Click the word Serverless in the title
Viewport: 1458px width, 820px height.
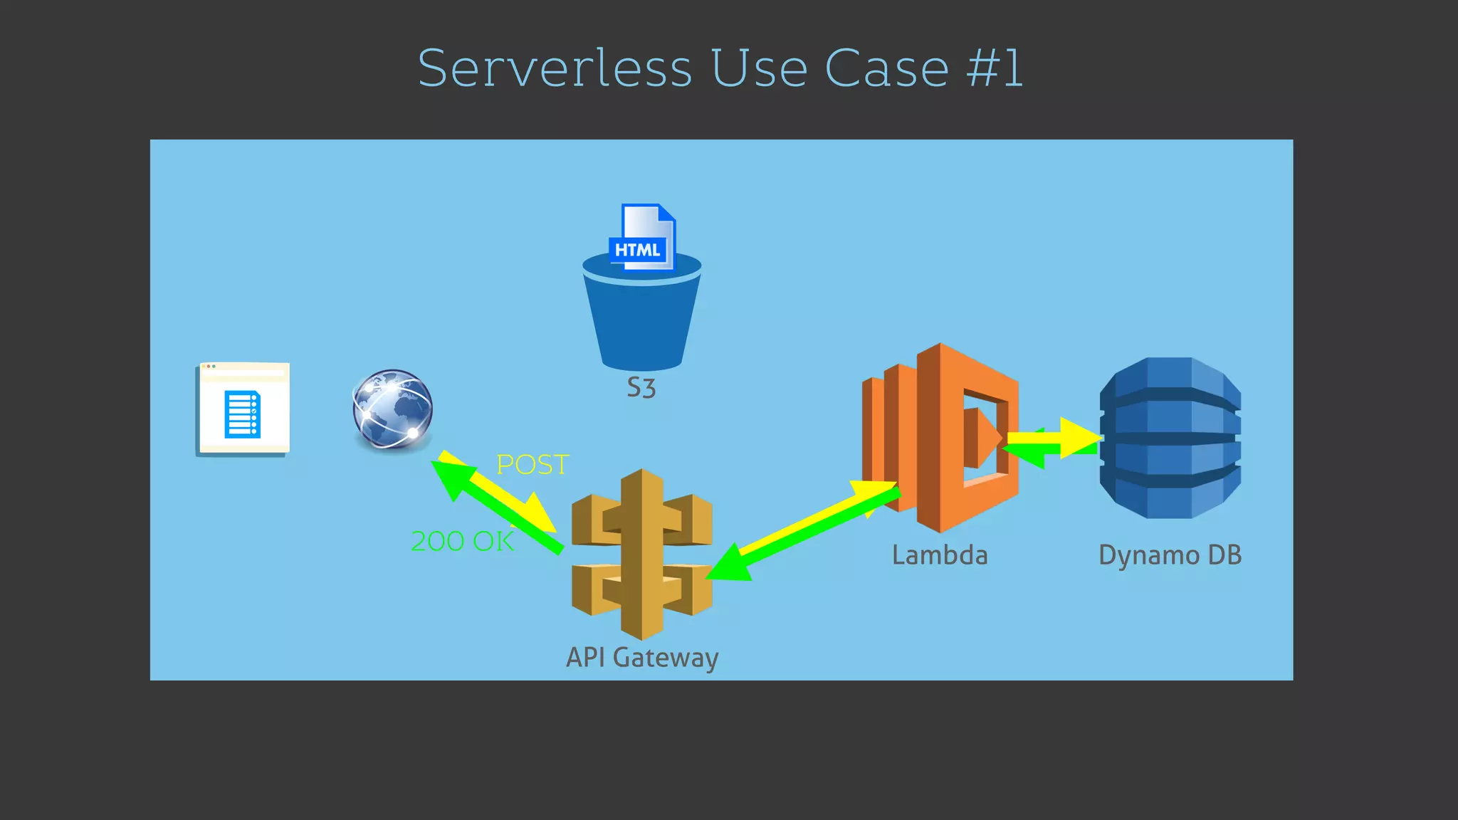(554, 69)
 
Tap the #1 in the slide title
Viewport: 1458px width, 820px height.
(995, 69)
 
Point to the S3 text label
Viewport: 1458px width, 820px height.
(641, 388)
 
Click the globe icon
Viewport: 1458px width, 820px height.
(392, 409)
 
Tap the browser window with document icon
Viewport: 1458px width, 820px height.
(243, 409)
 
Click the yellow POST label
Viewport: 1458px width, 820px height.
(533, 465)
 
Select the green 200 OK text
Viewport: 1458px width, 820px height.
(462, 541)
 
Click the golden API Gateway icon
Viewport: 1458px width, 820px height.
(641, 554)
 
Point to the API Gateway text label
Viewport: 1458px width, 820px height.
(641, 657)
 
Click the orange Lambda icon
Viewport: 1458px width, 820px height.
(940, 438)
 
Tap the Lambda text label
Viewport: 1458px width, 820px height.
(940, 555)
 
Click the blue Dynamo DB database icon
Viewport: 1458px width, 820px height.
(1170, 438)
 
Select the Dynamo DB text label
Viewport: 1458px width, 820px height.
(1170, 555)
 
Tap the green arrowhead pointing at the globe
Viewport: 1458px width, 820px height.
(451, 475)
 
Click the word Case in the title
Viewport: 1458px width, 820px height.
(886, 69)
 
